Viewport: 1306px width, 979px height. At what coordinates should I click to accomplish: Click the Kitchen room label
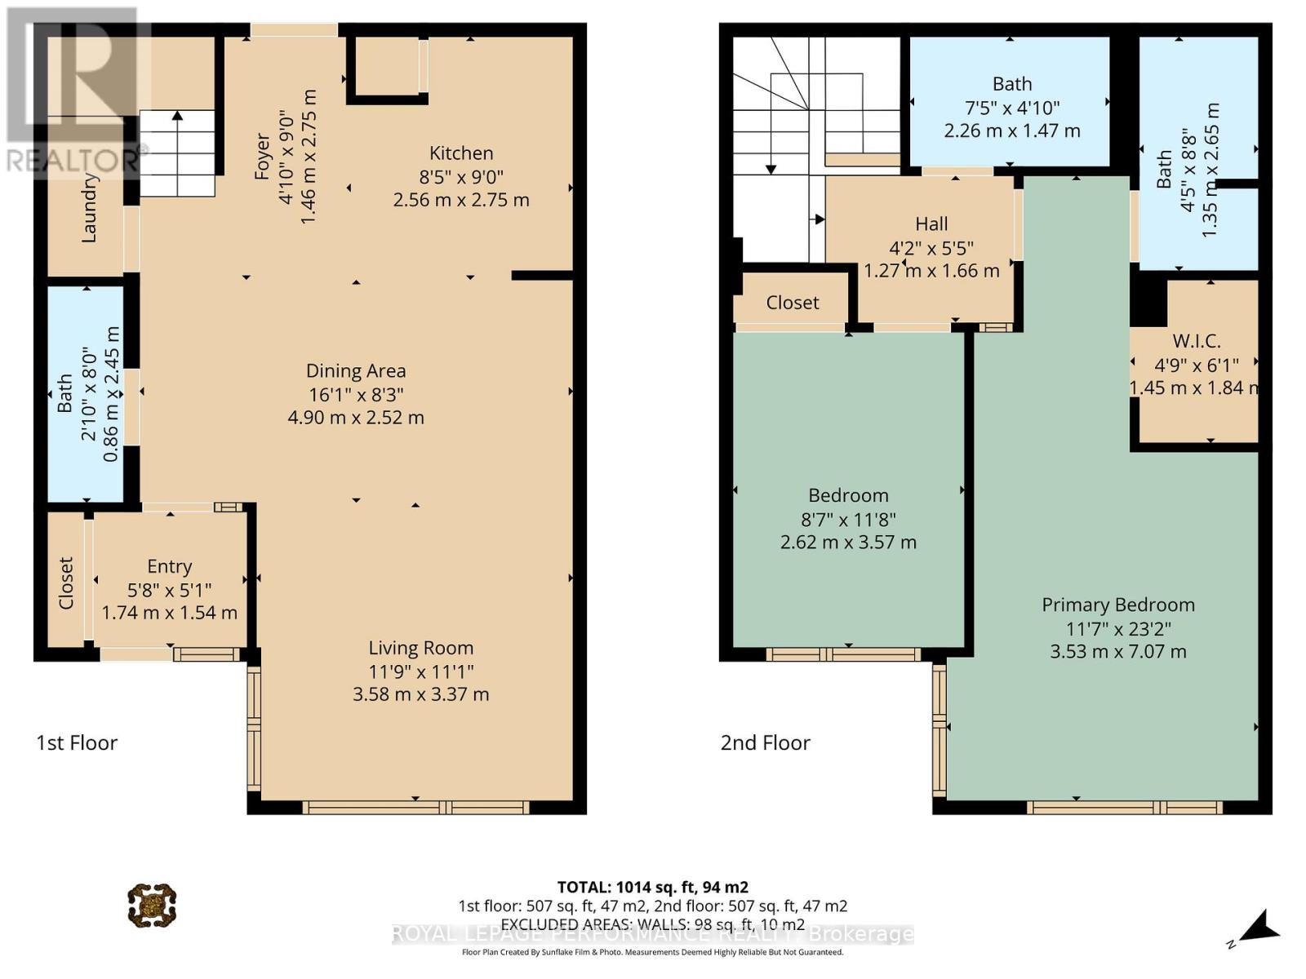(461, 153)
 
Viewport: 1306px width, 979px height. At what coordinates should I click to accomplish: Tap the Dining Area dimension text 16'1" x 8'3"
(356, 395)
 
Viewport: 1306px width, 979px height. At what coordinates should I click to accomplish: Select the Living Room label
(420, 648)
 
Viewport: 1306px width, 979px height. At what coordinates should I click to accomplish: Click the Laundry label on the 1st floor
(89, 209)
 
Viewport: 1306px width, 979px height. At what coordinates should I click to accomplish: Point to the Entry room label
(170, 566)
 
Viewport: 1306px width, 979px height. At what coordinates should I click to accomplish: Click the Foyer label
(262, 156)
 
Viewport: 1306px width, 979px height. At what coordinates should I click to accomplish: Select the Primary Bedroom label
(1117, 605)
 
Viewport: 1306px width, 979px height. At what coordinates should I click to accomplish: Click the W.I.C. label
(1196, 341)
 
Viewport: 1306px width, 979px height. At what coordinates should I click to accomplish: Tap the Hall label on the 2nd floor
(931, 224)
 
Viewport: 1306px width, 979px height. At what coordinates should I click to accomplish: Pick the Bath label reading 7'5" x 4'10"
(1012, 84)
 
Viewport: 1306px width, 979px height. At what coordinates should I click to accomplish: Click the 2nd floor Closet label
(792, 303)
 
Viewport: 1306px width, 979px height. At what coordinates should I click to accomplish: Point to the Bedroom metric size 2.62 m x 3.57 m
(848, 543)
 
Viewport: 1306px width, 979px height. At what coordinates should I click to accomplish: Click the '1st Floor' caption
(77, 742)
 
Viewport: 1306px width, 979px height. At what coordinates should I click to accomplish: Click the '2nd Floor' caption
(765, 742)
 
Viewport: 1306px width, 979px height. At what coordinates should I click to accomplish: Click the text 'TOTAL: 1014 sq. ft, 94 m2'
(652, 887)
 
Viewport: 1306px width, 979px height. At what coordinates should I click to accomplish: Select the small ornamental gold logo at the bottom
(152, 905)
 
